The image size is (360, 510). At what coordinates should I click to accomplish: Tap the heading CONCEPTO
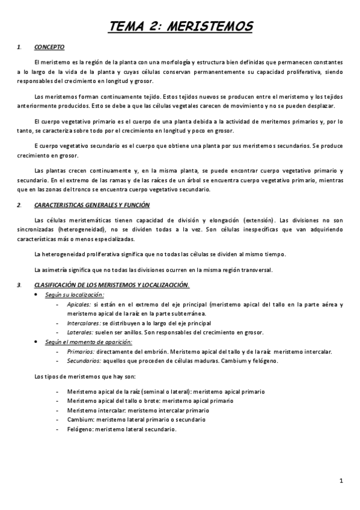pos(50,47)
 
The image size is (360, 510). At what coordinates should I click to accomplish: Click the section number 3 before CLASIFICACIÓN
pos(20,284)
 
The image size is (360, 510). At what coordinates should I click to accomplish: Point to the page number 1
pos(341,480)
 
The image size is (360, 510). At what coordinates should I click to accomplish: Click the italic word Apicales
pos(79,305)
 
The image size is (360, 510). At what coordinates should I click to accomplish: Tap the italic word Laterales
pos(80,331)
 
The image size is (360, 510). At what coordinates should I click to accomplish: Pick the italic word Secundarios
pos(84,360)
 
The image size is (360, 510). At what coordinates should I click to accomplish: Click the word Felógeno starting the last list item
pos(80,429)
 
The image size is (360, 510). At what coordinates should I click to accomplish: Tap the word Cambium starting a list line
pos(80,419)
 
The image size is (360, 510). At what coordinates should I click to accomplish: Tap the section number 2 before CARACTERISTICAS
pos(20,205)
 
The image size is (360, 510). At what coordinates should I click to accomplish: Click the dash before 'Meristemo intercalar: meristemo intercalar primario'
pos(56,410)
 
